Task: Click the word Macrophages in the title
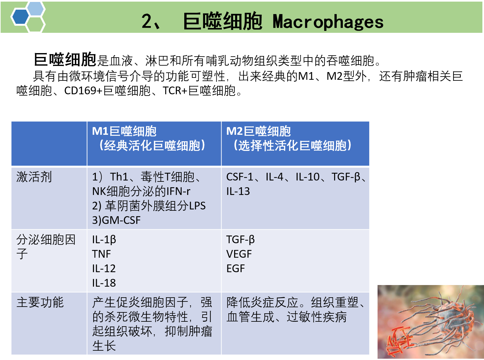point(328,22)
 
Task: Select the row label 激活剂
point(34,177)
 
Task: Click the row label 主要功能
point(40,302)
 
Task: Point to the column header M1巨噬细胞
point(124,131)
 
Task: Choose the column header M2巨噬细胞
point(258,131)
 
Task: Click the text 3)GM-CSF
point(116,220)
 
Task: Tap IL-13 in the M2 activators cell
point(238,191)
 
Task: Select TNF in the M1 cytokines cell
point(101,254)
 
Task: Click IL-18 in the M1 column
point(104,283)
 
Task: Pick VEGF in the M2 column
point(239,254)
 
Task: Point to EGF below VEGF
point(235,269)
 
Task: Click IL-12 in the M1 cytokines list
point(104,269)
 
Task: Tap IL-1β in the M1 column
point(104,240)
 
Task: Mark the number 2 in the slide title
point(147,22)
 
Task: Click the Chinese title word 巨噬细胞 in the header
point(223,22)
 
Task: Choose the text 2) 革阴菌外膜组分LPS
point(149,206)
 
